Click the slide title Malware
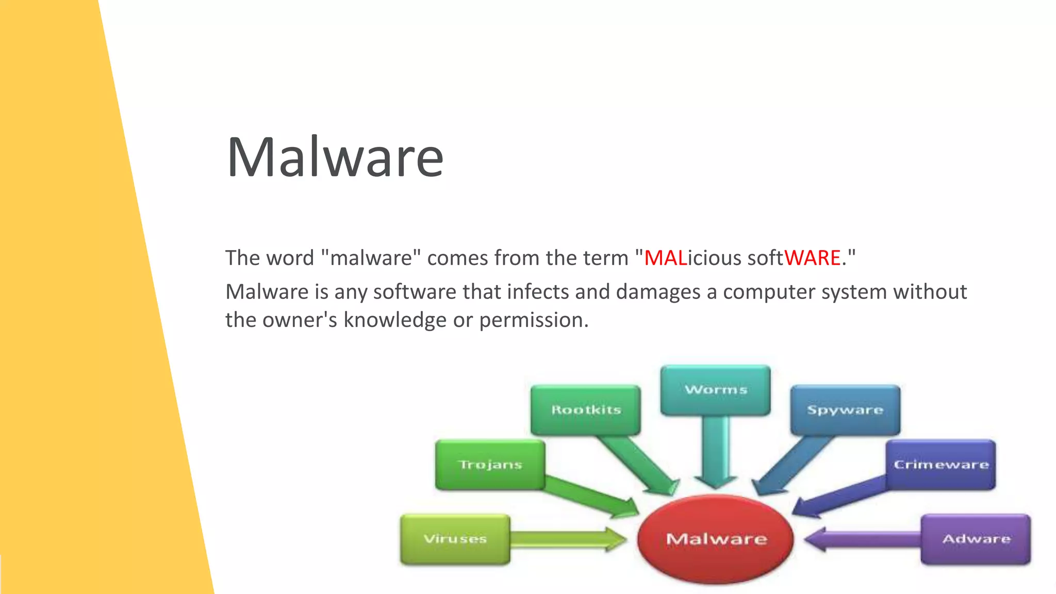pos(335,157)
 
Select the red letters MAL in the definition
pos(665,258)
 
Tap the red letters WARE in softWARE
pos(812,258)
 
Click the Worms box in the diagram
pos(716,390)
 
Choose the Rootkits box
pos(586,410)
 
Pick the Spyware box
pos(845,410)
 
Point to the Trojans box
pos(490,465)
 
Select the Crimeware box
pos(941,465)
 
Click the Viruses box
pos(455,539)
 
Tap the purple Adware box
pos(976,539)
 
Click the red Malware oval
pos(716,539)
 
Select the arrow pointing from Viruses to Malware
pos(567,539)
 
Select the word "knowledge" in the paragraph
pos(395,320)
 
